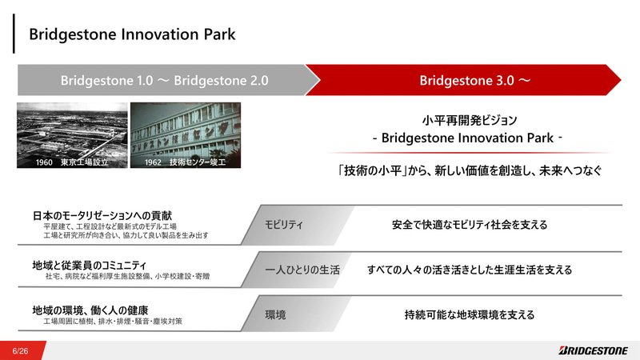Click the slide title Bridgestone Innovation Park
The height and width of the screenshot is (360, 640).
(x=132, y=34)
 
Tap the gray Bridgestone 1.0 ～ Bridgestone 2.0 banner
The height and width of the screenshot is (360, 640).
(x=164, y=81)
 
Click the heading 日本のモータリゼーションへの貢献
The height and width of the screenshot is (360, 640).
(x=102, y=216)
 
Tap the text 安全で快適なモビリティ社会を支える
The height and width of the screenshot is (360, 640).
(x=470, y=225)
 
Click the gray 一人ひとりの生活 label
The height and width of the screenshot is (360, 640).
(x=302, y=270)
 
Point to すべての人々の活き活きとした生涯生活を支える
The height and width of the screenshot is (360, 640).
(x=470, y=270)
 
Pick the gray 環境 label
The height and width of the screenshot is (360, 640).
(x=276, y=315)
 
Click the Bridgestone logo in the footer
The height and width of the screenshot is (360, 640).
(x=594, y=350)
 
